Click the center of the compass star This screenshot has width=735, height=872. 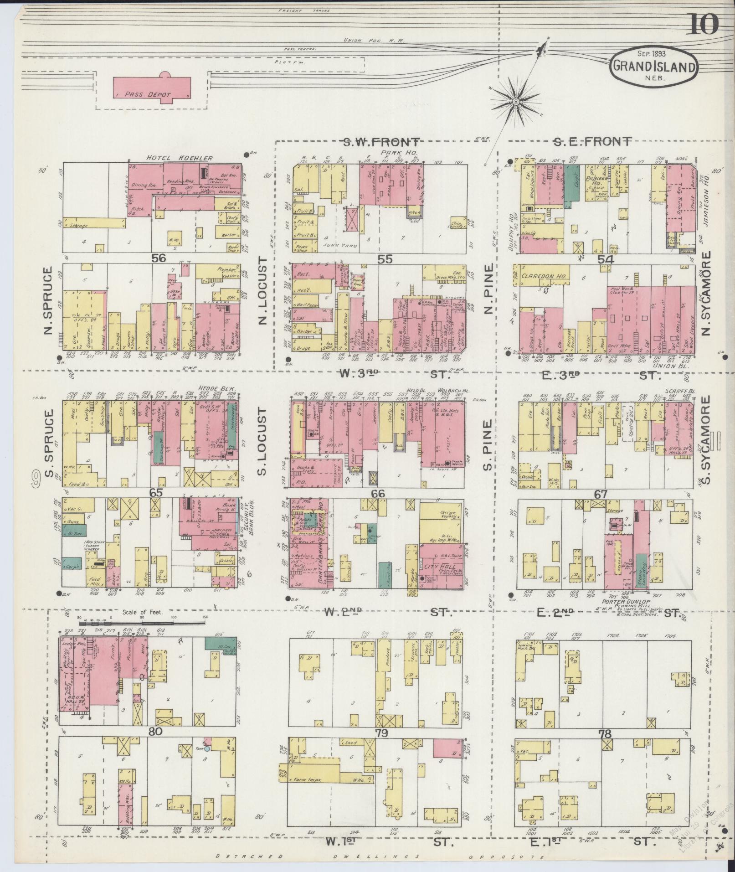point(515,101)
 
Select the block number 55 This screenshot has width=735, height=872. point(385,259)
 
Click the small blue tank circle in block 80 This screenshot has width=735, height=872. point(207,748)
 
